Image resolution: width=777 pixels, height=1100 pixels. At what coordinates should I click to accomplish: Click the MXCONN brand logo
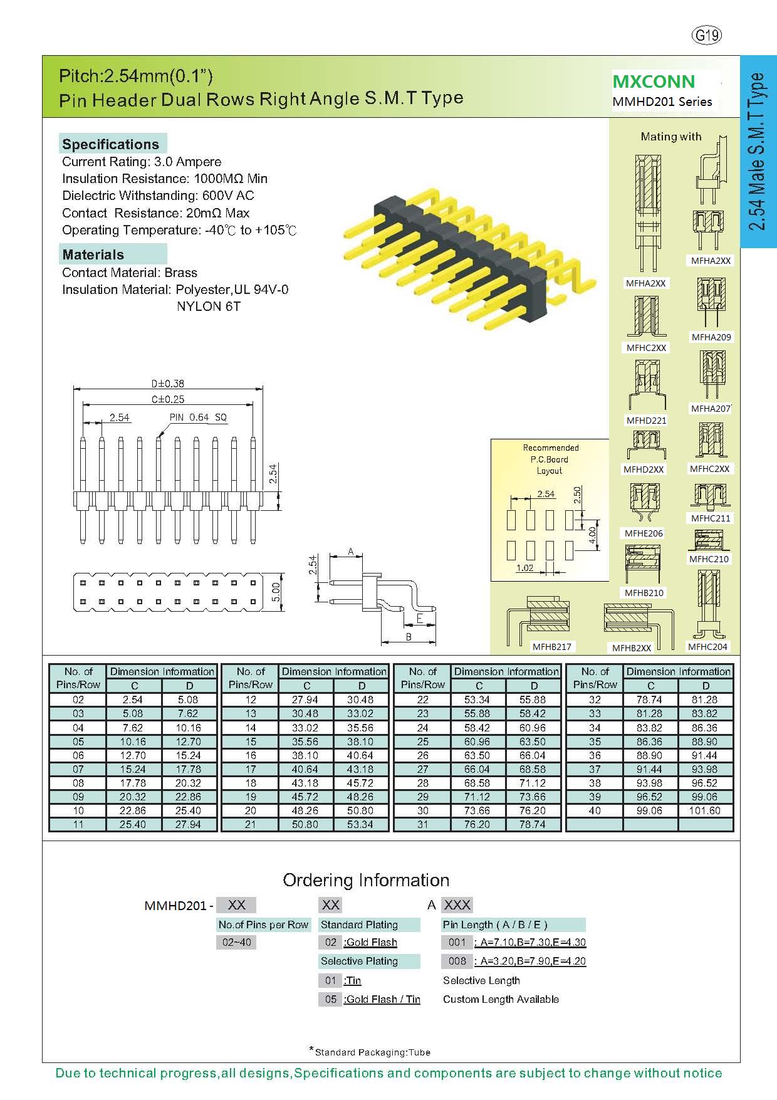coord(654,81)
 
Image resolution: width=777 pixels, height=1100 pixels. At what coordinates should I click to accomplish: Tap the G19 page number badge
coord(707,35)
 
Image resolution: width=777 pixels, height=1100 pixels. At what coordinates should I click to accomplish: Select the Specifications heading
coord(110,144)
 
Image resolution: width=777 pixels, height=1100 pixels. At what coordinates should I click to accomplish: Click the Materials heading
coord(93,254)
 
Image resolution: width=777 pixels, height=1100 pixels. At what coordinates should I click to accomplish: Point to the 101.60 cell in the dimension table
coord(705,810)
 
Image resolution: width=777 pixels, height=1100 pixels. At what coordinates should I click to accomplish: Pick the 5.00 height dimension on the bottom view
coord(276,591)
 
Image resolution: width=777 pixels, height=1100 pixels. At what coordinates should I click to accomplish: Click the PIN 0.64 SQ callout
coord(198,417)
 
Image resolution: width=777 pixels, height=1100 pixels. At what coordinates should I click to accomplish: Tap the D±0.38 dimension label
coord(167,384)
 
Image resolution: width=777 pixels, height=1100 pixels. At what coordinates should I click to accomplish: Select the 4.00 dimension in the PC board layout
coord(592,534)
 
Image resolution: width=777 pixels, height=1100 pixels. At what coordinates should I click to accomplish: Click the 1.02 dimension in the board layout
coord(524,568)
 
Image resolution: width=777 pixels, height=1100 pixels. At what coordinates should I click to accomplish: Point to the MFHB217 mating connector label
coord(552,647)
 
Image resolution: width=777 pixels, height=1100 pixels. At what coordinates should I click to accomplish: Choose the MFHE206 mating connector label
coord(644,533)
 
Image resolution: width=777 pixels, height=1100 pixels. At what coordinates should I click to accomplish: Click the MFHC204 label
coord(707,647)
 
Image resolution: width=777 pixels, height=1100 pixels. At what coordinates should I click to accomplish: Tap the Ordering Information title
coord(366,880)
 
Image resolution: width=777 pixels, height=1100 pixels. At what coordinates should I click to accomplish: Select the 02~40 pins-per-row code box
coord(236,942)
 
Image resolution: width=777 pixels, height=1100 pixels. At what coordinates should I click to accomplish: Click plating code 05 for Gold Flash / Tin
coord(330,999)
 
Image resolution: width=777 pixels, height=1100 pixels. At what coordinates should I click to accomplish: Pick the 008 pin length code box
coord(457,961)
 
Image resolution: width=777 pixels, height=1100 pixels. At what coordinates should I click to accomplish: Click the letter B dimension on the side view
coord(409,637)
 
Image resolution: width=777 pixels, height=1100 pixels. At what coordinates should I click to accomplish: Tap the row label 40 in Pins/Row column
coord(595,810)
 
